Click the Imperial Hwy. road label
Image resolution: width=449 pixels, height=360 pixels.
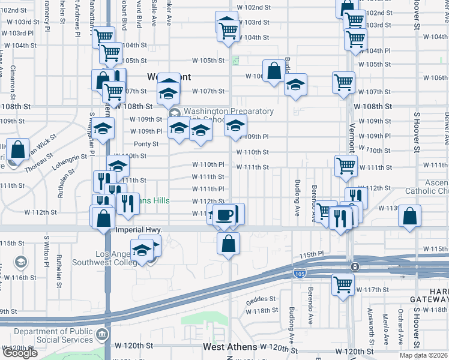[142, 230]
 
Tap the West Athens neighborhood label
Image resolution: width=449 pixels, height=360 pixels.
[230, 347]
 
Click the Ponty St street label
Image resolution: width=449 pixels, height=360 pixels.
[146, 144]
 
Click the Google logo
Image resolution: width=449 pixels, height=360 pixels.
[20, 353]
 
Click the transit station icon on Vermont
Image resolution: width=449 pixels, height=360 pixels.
[355, 266]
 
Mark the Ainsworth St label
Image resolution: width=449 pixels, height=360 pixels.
[370, 323]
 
